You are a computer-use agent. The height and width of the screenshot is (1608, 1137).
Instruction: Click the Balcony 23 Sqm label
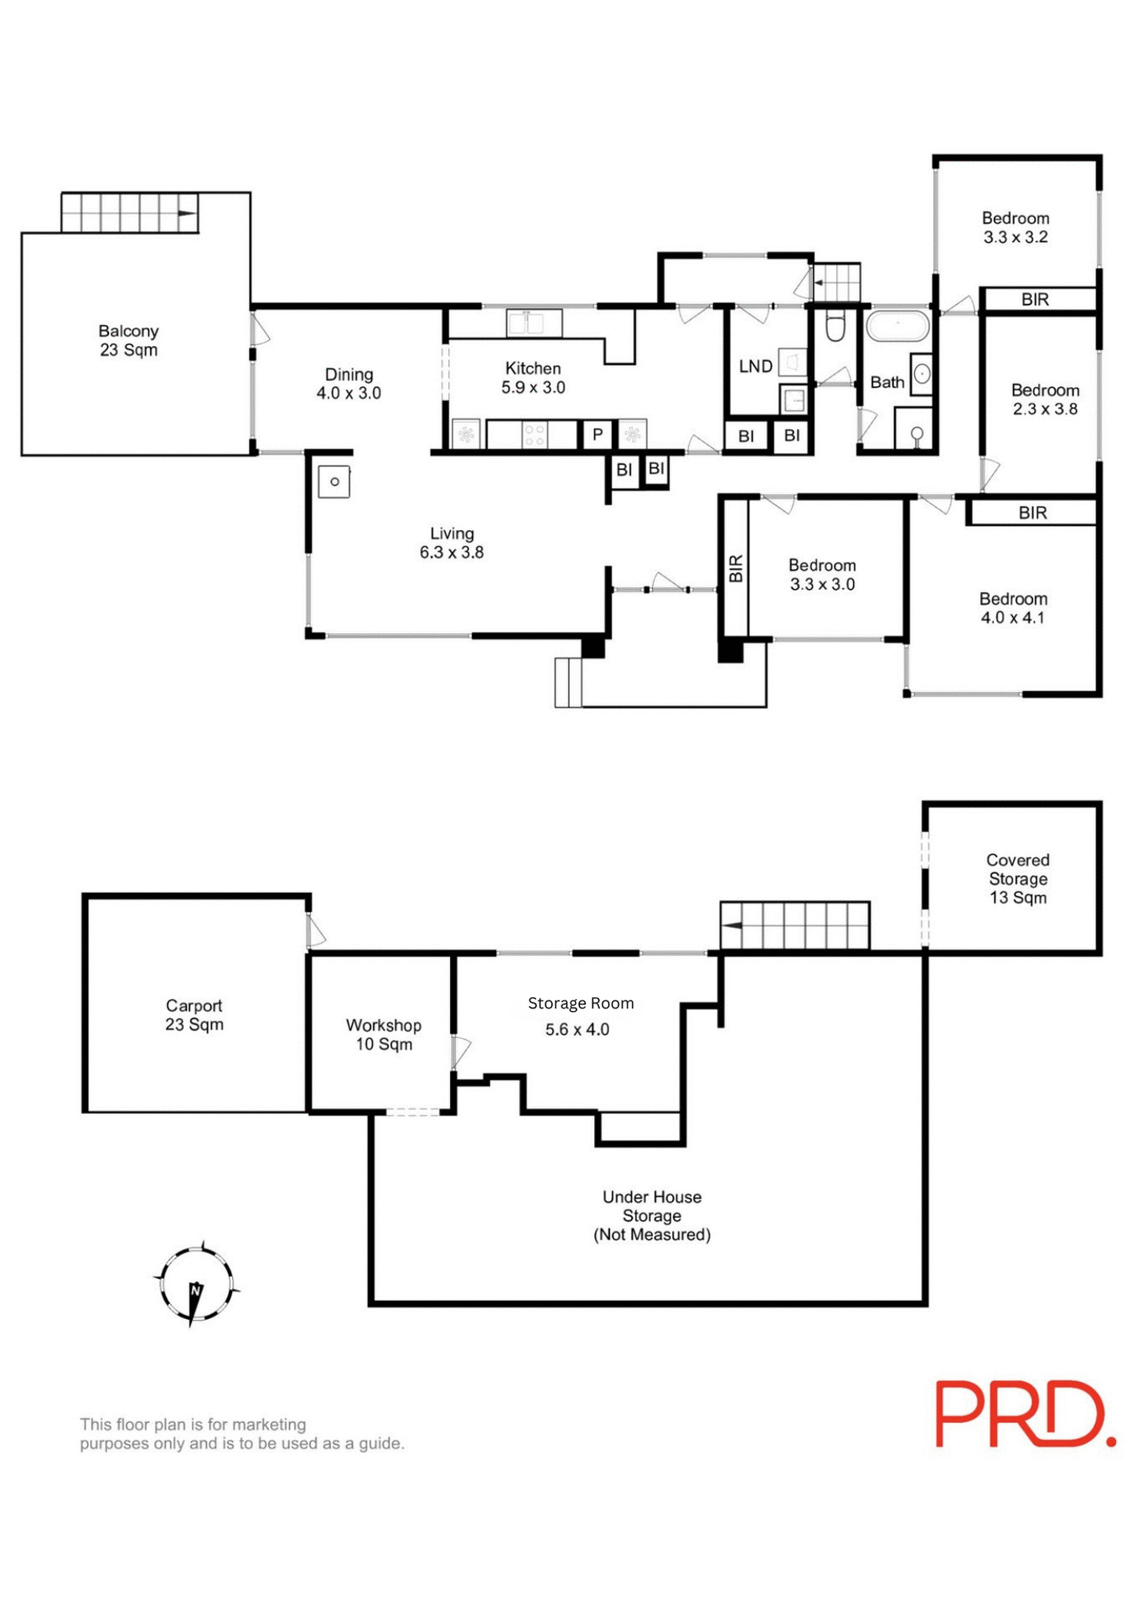(128, 341)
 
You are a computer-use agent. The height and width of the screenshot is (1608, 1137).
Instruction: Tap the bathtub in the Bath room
(897, 327)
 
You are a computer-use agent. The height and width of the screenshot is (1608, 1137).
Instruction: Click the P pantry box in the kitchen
(597, 435)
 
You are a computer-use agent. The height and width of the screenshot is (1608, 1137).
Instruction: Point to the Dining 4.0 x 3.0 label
(349, 384)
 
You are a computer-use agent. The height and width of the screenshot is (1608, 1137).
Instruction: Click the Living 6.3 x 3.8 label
(452, 543)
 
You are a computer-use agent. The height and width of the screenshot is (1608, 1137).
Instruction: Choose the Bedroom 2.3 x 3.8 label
(1045, 399)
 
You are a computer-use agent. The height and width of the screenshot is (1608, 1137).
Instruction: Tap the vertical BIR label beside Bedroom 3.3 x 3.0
(736, 569)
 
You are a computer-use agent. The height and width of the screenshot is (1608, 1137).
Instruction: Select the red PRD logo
(1024, 1415)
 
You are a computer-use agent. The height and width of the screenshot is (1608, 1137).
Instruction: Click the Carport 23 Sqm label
(194, 1015)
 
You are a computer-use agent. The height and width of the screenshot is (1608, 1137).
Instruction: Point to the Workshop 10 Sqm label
(384, 1034)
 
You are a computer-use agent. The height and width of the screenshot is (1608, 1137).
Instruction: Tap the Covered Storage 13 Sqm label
(1017, 879)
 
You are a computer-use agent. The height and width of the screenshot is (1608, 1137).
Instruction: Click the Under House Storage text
(651, 1215)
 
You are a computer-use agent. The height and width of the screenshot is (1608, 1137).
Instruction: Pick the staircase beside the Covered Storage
(794, 925)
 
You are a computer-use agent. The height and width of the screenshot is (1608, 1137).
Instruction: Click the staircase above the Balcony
(129, 213)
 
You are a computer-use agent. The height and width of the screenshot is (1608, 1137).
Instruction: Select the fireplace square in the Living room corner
(333, 482)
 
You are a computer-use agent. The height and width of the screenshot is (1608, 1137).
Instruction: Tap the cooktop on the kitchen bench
(535, 435)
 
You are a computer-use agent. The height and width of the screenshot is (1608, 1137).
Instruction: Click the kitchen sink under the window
(534, 323)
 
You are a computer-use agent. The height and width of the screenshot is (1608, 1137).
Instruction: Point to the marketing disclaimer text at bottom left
(241, 1434)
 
